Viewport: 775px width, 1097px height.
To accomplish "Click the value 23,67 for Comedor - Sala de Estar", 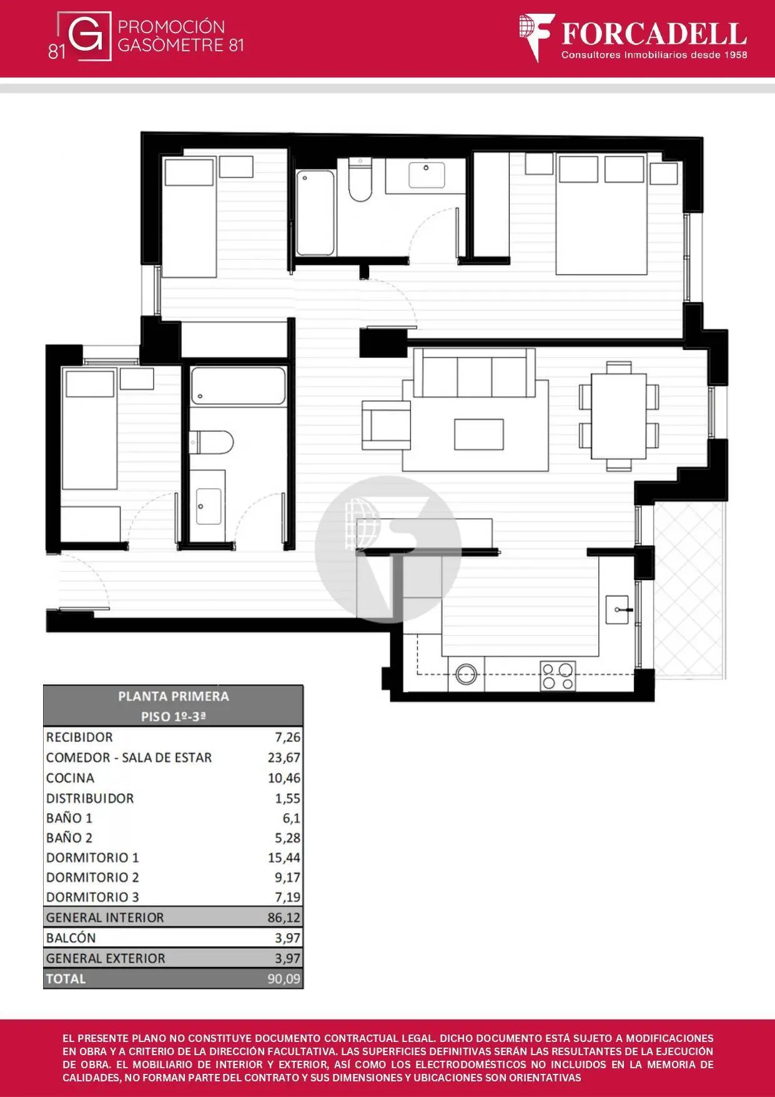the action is click(x=284, y=758).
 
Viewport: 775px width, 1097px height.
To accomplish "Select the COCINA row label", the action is click(x=70, y=778).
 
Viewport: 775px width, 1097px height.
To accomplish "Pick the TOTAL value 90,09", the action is click(x=284, y=979).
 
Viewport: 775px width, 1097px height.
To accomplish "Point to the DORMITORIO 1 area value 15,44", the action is click(x=284, y=858).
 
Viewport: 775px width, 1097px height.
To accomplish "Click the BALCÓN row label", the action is click(x=71, y=938).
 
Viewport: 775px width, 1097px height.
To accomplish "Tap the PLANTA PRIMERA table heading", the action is click(x=173, y=696).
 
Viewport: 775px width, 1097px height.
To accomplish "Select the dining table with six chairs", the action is click(x=619, y=416).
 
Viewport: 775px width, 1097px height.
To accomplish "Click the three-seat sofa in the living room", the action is click(x=475, y=373).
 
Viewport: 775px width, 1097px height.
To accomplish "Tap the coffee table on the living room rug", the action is click(x=479, y=434).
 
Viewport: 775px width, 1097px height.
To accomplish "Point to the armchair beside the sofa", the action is click(x=386, y=425).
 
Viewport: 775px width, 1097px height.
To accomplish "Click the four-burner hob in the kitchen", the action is click(x=558, y=676).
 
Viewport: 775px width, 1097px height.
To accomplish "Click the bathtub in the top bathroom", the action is click(x=315, y=213).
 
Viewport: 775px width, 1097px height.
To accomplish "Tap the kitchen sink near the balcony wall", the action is click(x=618, y=609).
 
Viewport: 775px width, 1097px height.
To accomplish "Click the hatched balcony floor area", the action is click(x=689, y=590).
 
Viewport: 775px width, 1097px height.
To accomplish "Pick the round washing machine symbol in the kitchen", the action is click(x=466, y=674).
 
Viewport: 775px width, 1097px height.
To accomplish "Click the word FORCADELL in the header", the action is click(x=654, y=34).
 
